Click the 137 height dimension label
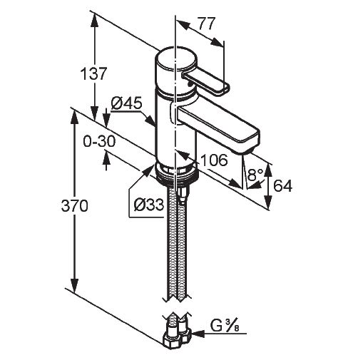click(x=93, y=73)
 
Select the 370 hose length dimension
click(x=75, y=205)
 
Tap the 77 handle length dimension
click(x=207, y=24)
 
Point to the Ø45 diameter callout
click(x=126, y=103)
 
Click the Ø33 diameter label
click(x=149, y=205)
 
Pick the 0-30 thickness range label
click(x=99, y=142)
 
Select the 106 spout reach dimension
click(x=214, y=160)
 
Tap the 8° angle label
click(x=255, y=175)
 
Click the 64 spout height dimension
click(x=282, y=185)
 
